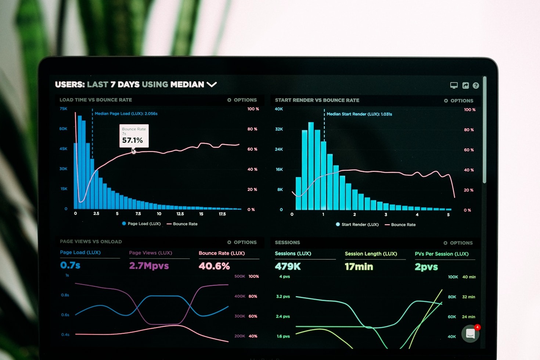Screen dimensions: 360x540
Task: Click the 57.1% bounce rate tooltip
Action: coord(134,136)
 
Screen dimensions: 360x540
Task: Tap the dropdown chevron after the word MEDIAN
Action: coord(212,84)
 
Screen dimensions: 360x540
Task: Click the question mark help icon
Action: coord(476,86)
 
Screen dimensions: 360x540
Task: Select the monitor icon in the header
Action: coord(454,85)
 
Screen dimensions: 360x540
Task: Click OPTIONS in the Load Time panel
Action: coord(242,100)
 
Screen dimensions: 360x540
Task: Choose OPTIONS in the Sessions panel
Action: coord(458,243)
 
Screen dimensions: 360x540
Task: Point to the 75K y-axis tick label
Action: coord(64,109)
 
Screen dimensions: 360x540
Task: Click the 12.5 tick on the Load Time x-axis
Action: coord(180,214)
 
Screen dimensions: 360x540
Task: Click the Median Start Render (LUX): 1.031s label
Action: coord(359,114)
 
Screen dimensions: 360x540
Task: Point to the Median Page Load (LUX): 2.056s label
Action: coord(126,114)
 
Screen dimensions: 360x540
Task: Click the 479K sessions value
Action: coord(288,267)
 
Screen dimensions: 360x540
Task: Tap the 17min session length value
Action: coord(359,267)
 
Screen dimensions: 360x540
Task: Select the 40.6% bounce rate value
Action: coord(214,266)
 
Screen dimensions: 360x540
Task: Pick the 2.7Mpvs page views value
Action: coord(149,266)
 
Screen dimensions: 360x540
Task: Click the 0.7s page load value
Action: coord(70,265)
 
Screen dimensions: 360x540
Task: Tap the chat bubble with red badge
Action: coord(471,334)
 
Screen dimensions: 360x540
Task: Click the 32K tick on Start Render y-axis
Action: coord(279,129)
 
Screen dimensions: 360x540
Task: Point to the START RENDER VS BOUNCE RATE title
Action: coord(317,100)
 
